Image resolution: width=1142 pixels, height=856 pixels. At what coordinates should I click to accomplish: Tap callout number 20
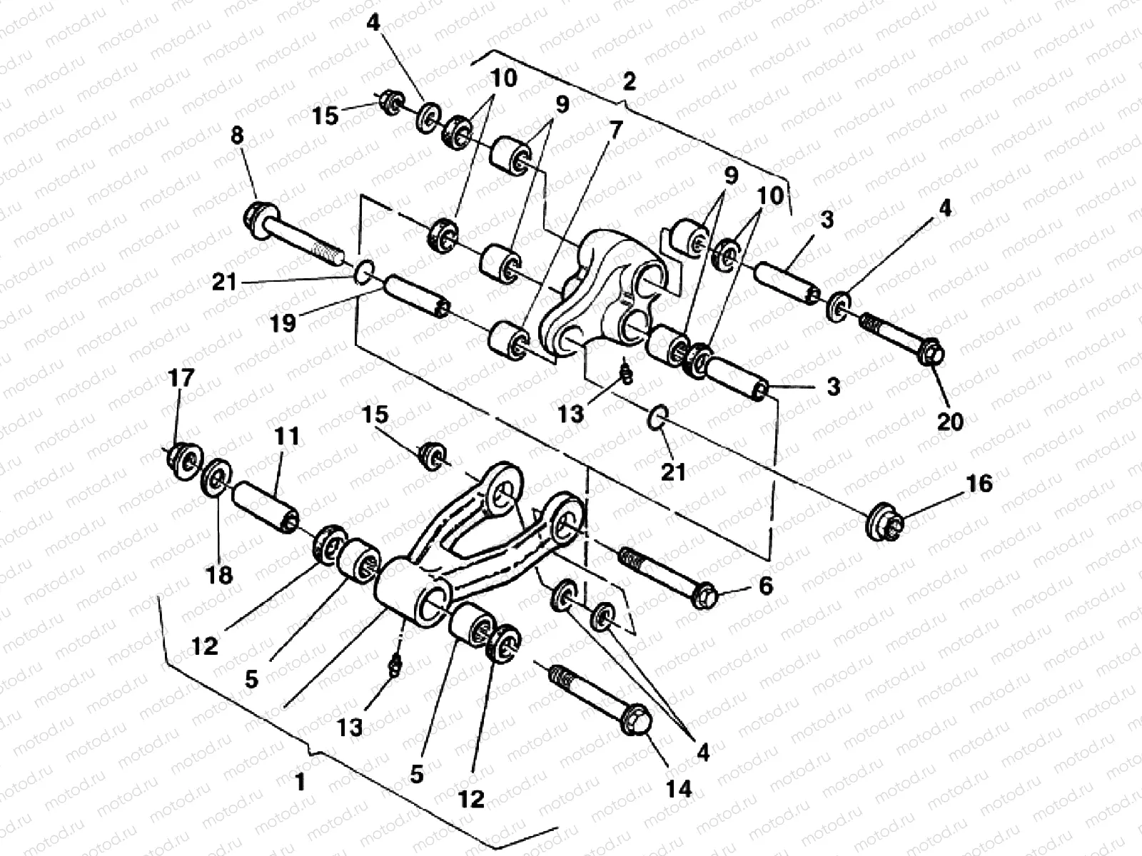pos(950,421)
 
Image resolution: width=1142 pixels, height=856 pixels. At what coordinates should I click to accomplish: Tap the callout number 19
pos(283,324)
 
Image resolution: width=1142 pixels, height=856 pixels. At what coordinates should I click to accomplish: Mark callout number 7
pos(615,130)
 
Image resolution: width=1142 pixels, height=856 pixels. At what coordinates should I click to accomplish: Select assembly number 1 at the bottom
pos(300,783)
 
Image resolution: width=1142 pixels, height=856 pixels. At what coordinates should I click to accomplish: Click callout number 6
pos(765,586)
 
